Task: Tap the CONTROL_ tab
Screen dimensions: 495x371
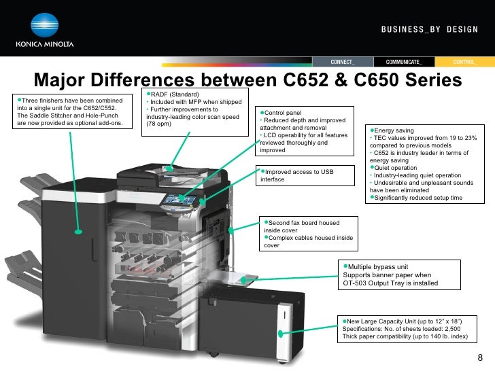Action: [x=464, y=62]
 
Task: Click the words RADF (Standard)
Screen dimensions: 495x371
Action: [x=175, y=94]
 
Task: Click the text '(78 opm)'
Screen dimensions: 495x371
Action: [x=158, y=124]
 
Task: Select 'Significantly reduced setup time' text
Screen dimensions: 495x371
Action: [x=418, y=198]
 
